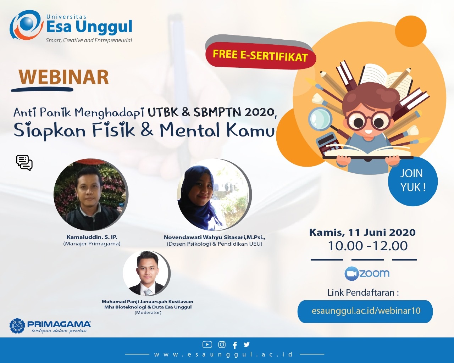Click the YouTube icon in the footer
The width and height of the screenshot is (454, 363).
coord(207,345)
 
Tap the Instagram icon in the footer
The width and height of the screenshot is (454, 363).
coord(222,345)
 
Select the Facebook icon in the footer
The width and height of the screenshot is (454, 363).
coord(235,345)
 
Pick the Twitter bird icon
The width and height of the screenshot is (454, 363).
coord(247,344)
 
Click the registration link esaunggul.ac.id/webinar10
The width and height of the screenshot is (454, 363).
coord(366,311)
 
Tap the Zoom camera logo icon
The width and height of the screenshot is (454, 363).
coord(351,274)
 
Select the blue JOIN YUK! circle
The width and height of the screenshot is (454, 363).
coord(413,181)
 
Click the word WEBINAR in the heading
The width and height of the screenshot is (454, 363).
coord(64,77)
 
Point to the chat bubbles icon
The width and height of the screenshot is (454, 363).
coord(24,163)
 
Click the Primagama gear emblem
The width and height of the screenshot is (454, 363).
coord(17,326)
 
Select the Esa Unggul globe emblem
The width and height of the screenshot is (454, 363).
coord(26,25)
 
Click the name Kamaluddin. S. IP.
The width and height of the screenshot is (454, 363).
coord(92,237)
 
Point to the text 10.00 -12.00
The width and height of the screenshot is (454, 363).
coord(368,246)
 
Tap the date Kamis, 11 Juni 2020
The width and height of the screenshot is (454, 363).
coord(362,233)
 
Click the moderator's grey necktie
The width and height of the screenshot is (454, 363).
coord(148,292)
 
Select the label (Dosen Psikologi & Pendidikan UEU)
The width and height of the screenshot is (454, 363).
coord(214,244)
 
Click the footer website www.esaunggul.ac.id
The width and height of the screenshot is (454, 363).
coord(223,354)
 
